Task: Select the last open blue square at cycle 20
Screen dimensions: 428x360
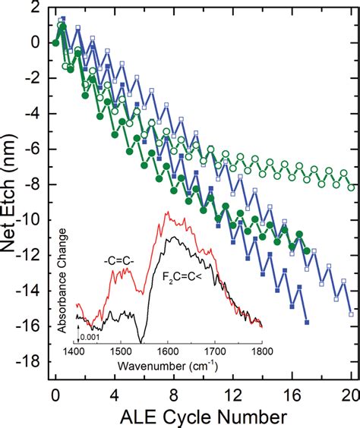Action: [x=350, y=313]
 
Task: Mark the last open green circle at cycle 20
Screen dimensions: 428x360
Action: [x=350, y=187]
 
